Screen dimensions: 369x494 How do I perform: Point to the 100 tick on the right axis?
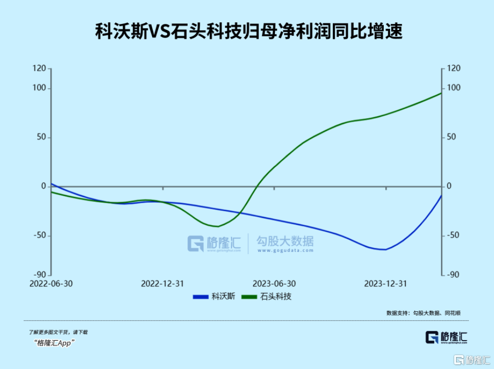pos(454,88)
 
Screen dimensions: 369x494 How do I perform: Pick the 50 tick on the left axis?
pos(40,137)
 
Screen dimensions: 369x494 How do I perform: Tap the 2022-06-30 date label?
pos(51,284)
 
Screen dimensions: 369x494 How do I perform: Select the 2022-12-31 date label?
pos(163,284)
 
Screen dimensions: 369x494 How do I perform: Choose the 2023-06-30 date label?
pos(274,284)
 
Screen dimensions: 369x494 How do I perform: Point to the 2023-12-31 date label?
pos(386,284)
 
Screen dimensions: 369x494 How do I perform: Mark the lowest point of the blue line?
pos(384,249)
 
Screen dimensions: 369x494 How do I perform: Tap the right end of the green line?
pos(441,93)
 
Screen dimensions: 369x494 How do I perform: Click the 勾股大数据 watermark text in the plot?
pos(285,242)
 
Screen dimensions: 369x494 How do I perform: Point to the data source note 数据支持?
pos(423,313)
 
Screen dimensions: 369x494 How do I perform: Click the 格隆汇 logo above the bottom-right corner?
pos(447,337)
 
